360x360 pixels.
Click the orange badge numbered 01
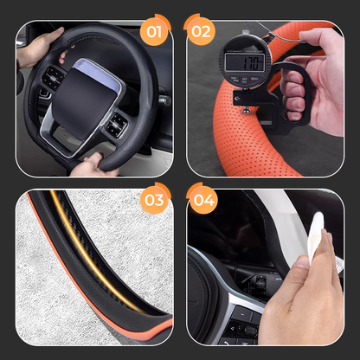click(x=155, y=34)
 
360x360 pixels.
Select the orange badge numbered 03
click(x=155, y=202)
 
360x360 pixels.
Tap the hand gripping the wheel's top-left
click(x=38, y=46)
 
